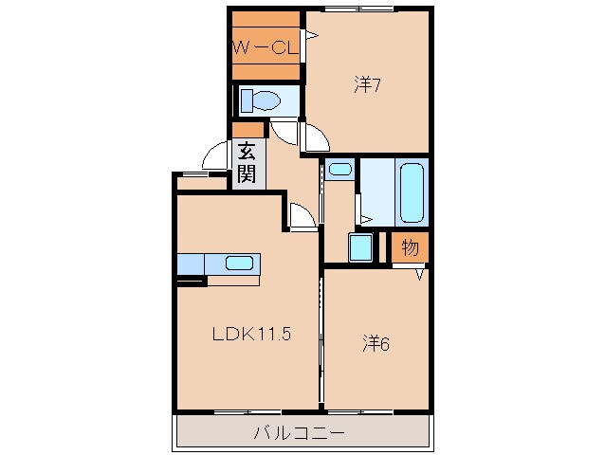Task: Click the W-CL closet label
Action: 266,45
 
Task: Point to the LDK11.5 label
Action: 249,335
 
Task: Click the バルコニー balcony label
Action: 300,434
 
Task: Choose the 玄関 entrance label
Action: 246,161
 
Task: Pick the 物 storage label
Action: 410,248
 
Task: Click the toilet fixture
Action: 260,100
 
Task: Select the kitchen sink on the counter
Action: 239,263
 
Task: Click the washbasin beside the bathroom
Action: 339,171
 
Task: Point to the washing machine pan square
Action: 360,248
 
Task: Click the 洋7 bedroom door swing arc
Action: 315,138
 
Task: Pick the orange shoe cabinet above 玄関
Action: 247,130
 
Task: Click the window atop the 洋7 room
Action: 359,9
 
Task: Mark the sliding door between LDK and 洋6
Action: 321,341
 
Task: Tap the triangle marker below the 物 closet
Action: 421,273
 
